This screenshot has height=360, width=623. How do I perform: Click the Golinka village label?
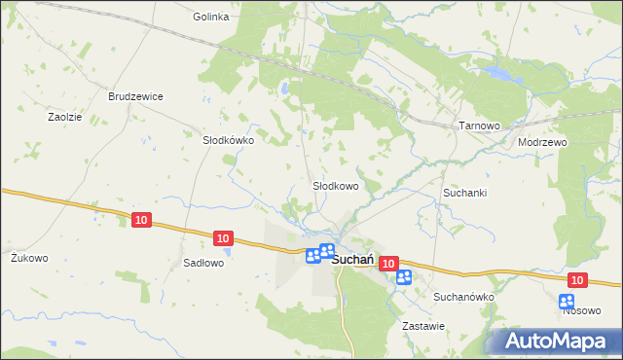pos(210,17)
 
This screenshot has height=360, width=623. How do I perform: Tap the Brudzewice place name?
pos(135,97)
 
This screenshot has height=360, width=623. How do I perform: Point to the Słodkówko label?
pos(228,140)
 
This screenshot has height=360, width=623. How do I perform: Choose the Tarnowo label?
pos(479,126)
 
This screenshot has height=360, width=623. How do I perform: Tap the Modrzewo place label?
pos(543,141)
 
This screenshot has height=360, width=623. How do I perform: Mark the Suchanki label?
pos(465,193)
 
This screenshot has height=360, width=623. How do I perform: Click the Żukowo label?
pos(29,258)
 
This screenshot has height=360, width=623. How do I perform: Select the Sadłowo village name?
pos(204,263)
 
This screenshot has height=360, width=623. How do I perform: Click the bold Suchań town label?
pos(354,260)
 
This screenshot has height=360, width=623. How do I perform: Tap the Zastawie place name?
pos(424,326)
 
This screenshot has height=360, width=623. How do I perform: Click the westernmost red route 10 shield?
pos(142,221)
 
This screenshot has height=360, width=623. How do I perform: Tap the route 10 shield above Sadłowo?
pos(223,237)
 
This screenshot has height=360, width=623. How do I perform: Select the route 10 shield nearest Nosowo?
pos(578,280)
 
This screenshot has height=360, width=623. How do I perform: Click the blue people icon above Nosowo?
pos(567,301)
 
